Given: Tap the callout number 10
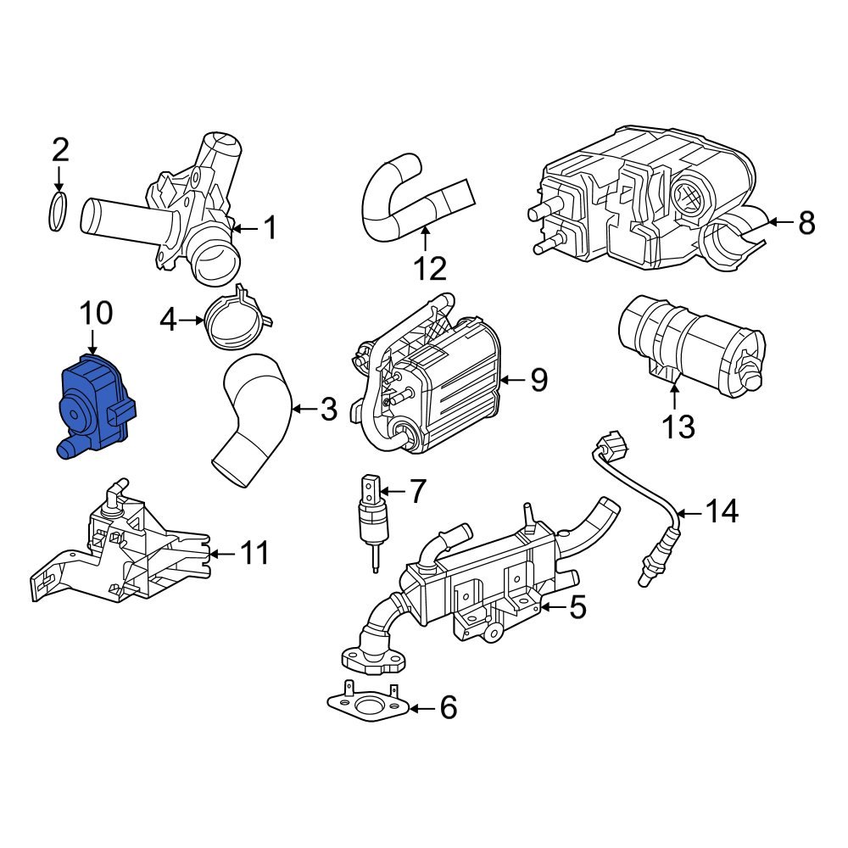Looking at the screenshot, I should tap(95, 314).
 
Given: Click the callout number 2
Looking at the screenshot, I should tap(59, 150).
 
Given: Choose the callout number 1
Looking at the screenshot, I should tap(270, 227).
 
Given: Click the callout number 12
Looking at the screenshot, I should tap(430, 269).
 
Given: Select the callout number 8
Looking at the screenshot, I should tap(806, 223).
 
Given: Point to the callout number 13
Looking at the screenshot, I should tap(679, 427).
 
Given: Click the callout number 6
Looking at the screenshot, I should tap(447, 707).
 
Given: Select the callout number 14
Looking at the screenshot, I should tap(722, 511).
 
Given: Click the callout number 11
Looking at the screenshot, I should tap(254, 554).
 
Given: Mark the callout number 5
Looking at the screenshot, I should tap(577, 607).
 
